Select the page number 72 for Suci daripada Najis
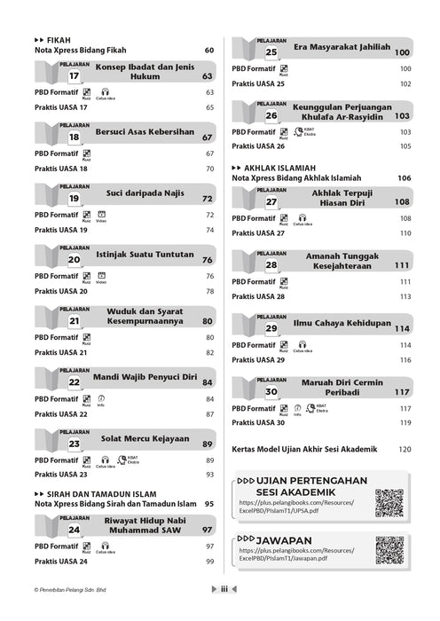point(208,199)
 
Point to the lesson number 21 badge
point(75,322)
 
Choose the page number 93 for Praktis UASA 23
point(210,475)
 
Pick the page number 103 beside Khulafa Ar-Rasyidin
point(402,115)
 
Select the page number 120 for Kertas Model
point(405,450)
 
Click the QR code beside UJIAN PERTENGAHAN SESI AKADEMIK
point(389,503)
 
